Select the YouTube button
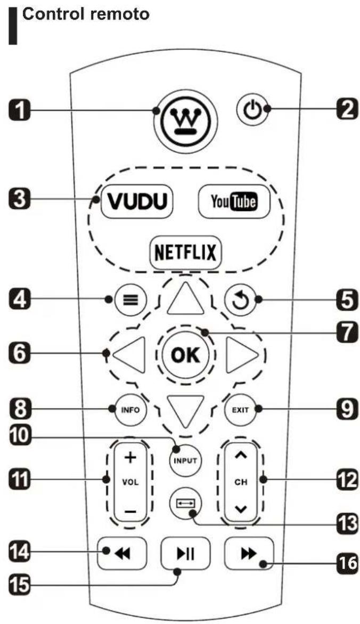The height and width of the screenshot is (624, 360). (x=233, y=202)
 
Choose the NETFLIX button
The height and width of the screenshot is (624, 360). (x=185, y=251)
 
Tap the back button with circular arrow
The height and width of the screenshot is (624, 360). (x=243, y=299)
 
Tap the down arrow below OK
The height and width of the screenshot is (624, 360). (x=185, y=411)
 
